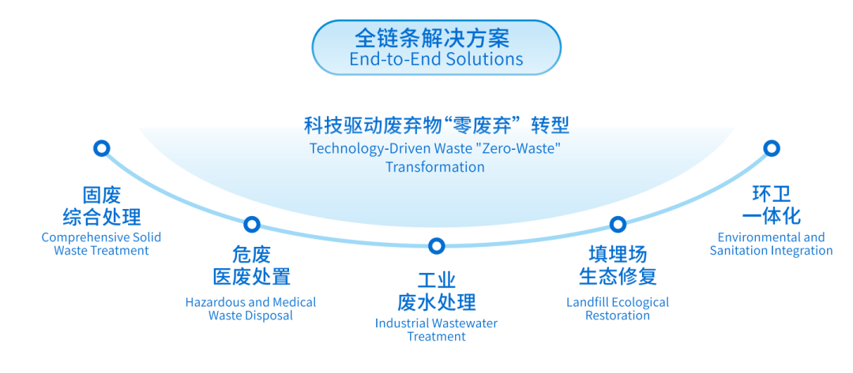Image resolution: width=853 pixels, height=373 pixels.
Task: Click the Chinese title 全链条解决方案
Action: (x=436, y=38)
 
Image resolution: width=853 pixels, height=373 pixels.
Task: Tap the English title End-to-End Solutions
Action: (x=436, y=58)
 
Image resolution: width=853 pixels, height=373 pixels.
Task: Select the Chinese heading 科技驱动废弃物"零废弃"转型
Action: (x=436, y=126)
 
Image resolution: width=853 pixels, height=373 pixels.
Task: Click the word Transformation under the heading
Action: (x=435, y=166)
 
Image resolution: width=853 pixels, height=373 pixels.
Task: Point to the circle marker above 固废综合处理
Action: (x=102, y=148)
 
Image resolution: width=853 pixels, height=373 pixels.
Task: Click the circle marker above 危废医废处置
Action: (x=252, y=224)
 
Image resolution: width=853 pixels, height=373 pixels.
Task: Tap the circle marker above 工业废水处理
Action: (x=436, y=246)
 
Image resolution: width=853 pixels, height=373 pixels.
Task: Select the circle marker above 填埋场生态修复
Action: (x=618, y=224)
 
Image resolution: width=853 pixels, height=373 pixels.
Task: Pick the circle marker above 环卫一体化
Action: (x=772, y=148)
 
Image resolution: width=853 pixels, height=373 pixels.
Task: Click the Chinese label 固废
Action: (x=102, y=194)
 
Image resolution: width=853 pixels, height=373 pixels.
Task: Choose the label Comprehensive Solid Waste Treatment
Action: (x=102, y=244)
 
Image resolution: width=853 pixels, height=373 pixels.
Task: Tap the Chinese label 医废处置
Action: (x=252, y=276)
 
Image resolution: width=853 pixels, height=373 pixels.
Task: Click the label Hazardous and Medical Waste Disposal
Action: (x=251, y=308)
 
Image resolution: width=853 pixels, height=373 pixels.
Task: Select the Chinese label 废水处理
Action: (x=436, y=301)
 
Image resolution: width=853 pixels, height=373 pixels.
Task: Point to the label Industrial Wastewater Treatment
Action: (x=436, y=330)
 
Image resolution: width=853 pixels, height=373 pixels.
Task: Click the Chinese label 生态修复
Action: (x=618, y=276)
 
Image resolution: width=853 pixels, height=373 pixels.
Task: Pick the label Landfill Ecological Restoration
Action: (x=618, y=308)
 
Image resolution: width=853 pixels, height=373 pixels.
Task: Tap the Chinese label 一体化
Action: (x=772, y=216)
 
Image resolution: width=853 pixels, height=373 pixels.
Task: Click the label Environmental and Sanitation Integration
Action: (x=772, y=244)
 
